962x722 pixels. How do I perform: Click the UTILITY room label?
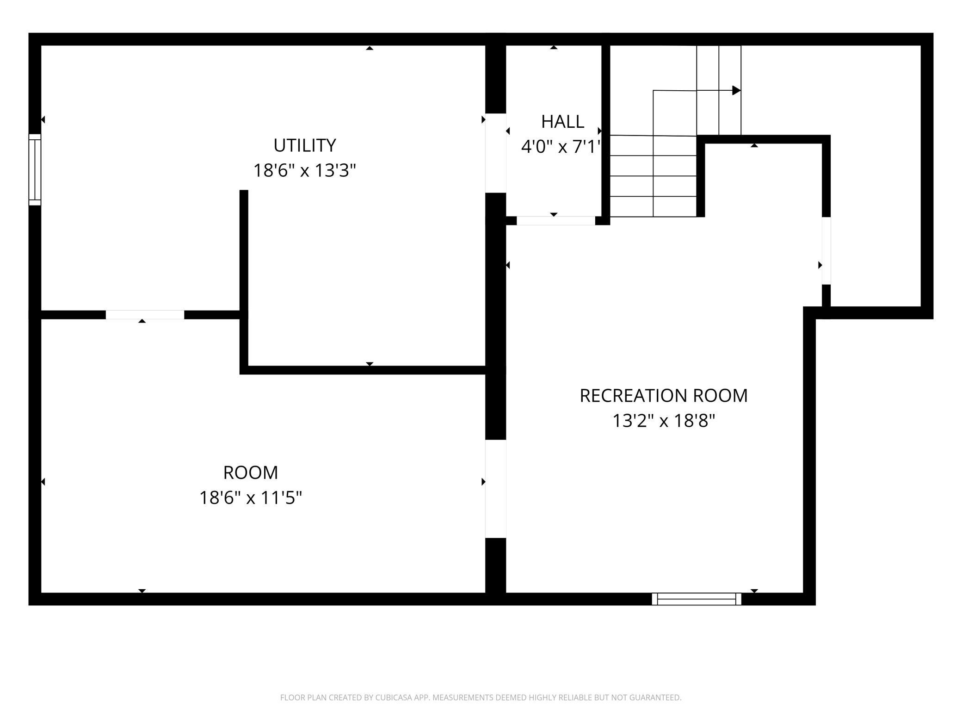[304, 145]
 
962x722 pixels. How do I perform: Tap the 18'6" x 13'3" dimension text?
[304, 171]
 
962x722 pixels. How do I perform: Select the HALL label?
[562, 122]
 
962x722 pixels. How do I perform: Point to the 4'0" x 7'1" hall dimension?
[561, 147]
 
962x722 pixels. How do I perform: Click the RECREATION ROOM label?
[664, 396]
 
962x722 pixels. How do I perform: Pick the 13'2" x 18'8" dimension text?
[664, 421]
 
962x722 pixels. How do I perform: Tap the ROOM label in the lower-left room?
[251, 473]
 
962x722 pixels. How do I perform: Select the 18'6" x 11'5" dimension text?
[251, 498]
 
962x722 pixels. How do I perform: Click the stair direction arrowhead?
[737, 90]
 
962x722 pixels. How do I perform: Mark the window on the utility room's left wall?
[35, 169]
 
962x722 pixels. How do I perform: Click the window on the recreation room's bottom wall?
[697, 599]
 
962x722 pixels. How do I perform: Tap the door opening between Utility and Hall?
[495, 153]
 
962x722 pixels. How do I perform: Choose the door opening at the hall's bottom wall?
[555, 221]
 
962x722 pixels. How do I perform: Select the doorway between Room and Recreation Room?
[495, 489]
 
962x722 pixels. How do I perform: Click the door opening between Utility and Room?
[145, 315]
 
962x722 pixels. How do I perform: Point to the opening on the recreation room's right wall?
[826, 251]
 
